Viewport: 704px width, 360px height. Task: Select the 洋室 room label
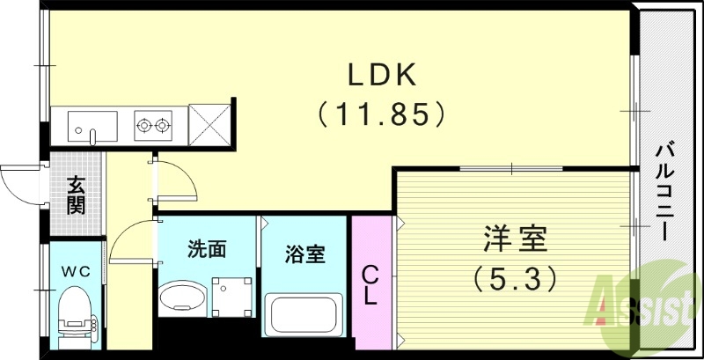tap(515, 239)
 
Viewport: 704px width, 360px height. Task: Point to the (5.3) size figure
tap(515, 278)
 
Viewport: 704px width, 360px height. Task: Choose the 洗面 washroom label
tap(207, 249)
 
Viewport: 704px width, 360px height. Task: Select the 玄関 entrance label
tap(77, 195)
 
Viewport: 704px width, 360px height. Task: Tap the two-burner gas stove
tap(152, 124)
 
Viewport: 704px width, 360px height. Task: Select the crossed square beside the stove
tap(209, 124)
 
